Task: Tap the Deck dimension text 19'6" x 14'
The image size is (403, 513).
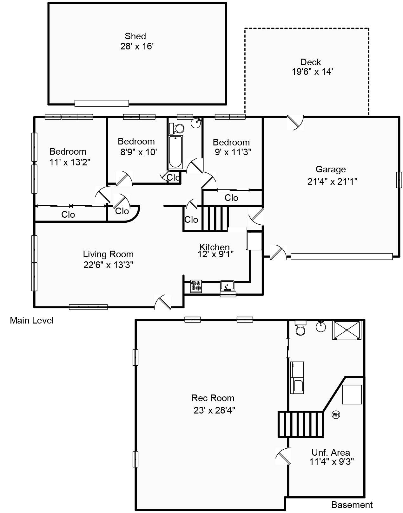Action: (312, 72)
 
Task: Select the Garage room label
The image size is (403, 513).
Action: (330, 169)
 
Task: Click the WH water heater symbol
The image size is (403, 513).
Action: (336, 414)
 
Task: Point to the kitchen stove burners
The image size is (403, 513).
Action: (196, 286)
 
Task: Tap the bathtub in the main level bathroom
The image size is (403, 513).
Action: (175, 152)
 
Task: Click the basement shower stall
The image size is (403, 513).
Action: (347, 330)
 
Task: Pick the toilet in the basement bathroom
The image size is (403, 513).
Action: (300, 328)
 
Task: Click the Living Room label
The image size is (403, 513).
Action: (108, 254)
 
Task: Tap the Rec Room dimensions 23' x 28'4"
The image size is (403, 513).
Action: (214, 411)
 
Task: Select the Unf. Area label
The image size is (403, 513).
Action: (330, 452)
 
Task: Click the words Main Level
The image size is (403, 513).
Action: (32, 320)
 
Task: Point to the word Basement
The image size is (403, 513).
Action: (352, 505)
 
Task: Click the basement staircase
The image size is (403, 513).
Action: (301, 425)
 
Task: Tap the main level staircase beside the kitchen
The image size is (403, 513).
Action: (215, 218)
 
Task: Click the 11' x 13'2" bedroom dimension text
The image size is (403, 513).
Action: (70, 162)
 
